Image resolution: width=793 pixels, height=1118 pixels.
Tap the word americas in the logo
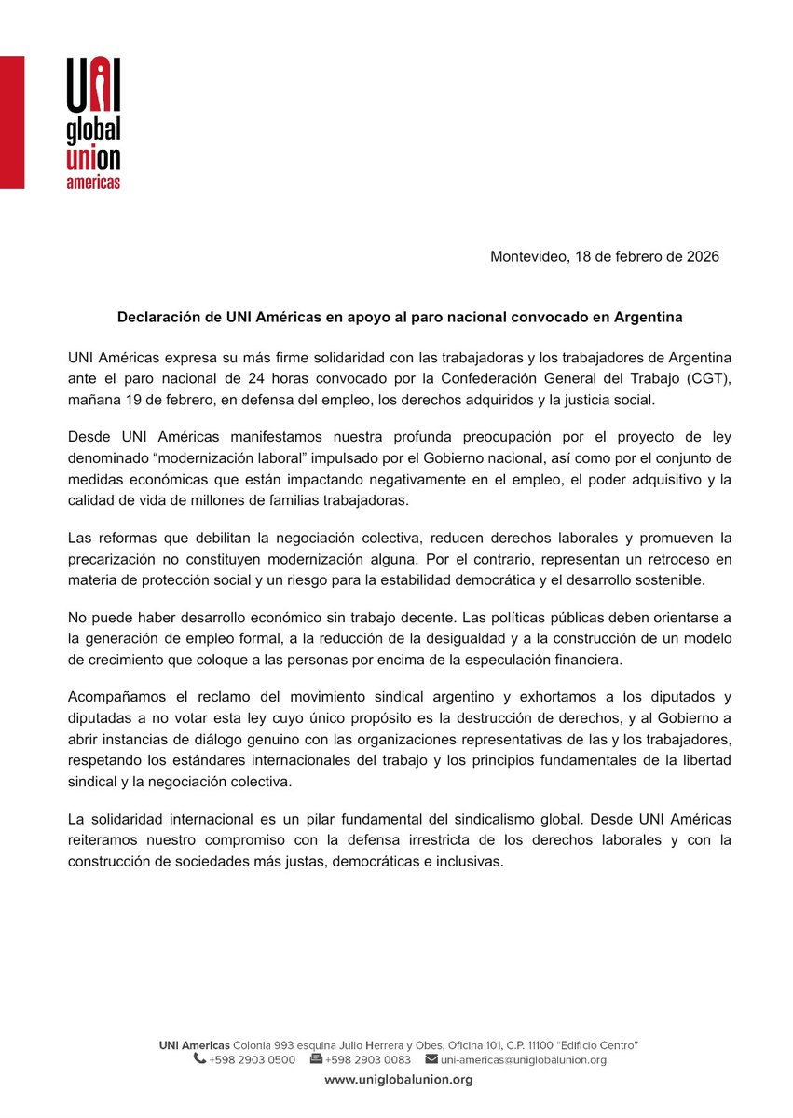[x=93, y=183]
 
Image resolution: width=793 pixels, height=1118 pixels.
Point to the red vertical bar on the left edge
[x=12, y=122]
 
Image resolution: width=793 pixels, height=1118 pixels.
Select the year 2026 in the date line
[x=701, y=256]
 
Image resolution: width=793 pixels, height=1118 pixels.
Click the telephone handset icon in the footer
[x=199, y=1059]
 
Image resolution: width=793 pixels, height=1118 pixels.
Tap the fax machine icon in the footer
[x=316, y=1059]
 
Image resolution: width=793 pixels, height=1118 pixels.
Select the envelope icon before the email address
[x=431, y=1059]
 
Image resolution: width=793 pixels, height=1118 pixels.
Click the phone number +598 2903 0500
[x=252, y=1059]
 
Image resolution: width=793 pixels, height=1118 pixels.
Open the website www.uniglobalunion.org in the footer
[x=398, y=1080]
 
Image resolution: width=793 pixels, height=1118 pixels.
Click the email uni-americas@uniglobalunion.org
[x=524, y=1059]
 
